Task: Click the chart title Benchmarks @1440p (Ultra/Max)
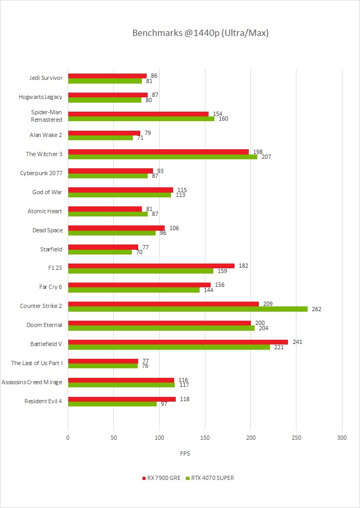coord(201,33)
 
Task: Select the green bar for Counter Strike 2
coord(187,309)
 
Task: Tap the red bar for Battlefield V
coord(178,342)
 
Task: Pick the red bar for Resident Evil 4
coord(122,399)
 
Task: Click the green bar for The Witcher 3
coord(163,157)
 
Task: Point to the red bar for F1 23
coord(151,266)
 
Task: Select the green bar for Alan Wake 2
coord(101,138)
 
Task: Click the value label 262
coord(317,309)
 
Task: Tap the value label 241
coord(298,342)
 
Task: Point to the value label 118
coord(185,399)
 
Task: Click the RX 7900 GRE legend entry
coord(162,478)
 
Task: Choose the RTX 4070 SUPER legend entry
coord(211,478)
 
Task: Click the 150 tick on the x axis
coord(205,438)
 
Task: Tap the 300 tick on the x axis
coord(342,438)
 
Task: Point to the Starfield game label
coord(51,249)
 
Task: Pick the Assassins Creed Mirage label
coord(32,382)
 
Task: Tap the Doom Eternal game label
coord(44,325)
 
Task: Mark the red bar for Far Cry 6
coord(139,285)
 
